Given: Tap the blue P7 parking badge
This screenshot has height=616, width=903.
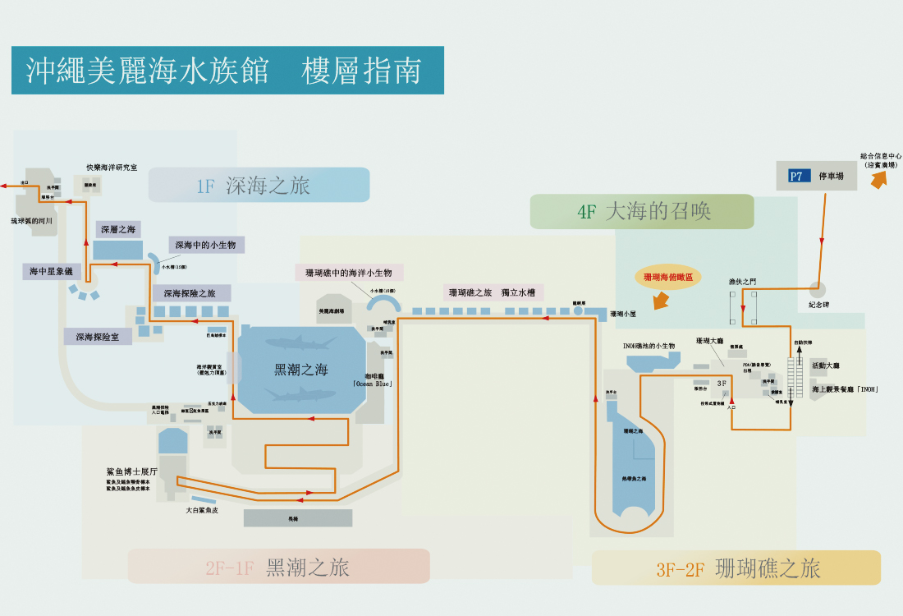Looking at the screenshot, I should (796, 176).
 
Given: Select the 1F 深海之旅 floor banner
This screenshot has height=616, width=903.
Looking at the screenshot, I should (259, 186).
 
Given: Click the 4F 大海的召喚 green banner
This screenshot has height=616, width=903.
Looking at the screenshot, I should (642, 211).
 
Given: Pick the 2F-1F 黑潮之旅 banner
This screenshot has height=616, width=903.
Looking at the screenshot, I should (278, 567).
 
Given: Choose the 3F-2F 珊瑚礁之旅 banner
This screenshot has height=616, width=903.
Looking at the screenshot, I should (736, 568).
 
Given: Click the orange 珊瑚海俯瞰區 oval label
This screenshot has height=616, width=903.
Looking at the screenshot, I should (667, 278).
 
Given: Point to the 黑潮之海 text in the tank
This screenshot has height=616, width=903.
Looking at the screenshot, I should (300, 370).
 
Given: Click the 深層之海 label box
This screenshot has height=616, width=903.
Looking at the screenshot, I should (118, 229).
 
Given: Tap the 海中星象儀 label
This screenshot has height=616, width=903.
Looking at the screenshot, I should (51, 272).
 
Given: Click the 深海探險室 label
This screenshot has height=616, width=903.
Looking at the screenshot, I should (98, 337).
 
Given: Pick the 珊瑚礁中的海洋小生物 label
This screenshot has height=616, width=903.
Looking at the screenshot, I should (349, 273).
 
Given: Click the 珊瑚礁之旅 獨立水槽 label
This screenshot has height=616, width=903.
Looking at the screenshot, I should (491, 292).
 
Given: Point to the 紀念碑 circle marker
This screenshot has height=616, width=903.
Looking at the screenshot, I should (816, 289).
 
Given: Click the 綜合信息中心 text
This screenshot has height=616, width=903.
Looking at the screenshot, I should (881, 155).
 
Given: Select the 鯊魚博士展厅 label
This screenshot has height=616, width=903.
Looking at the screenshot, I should (131, 472).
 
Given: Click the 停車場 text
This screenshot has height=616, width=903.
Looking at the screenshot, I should (832, 176).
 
